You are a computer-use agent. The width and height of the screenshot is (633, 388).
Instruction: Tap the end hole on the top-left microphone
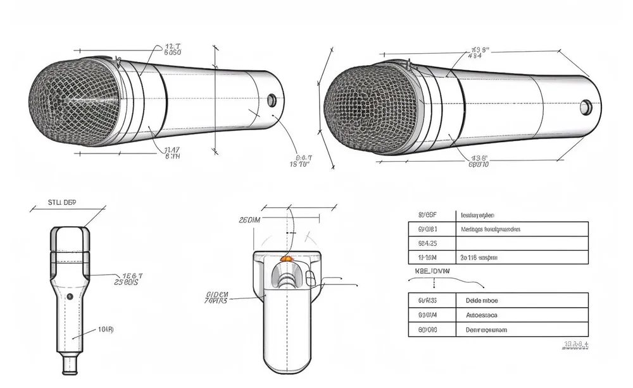(272, 100)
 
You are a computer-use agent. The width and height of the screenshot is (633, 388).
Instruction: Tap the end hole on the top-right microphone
(586, 107)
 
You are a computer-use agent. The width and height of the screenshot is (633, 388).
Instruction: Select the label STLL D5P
(61, 203)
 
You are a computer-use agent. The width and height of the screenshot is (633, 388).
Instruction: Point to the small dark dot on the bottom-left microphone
(70, 296)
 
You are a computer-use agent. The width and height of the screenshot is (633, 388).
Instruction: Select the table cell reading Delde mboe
(481, 300)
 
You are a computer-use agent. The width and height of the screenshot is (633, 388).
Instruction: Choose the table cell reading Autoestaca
(481, 315)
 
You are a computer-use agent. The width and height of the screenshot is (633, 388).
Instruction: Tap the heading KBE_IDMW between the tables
(432, 270)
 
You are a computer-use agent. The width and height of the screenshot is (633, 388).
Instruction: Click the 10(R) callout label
(106, 329)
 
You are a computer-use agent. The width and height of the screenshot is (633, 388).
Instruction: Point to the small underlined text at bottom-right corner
(575, 344)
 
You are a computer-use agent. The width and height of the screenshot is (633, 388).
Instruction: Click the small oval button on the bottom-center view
(310, 277)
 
